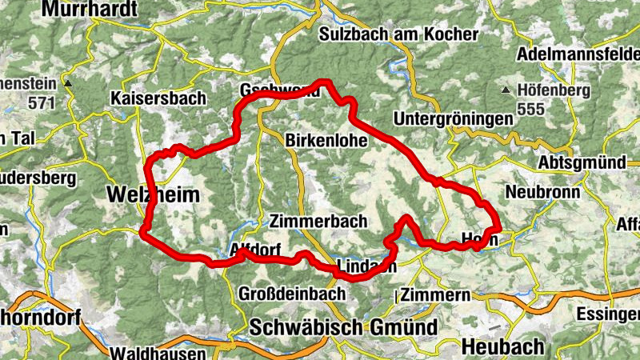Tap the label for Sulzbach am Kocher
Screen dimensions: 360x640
(x=398, y=34)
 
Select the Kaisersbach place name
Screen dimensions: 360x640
(x=158, y=98)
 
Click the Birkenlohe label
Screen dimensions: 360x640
(x=326, y=140)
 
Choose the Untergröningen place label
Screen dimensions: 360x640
(x=454, y=118)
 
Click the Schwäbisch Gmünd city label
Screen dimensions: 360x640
(x=343, y=326)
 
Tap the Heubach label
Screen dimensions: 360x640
(x=503, y=346)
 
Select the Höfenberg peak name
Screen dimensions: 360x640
(x=554, y=90)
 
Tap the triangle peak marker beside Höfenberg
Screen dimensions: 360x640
(x=506, y=90)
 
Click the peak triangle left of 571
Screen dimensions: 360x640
(x=69, y=83)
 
